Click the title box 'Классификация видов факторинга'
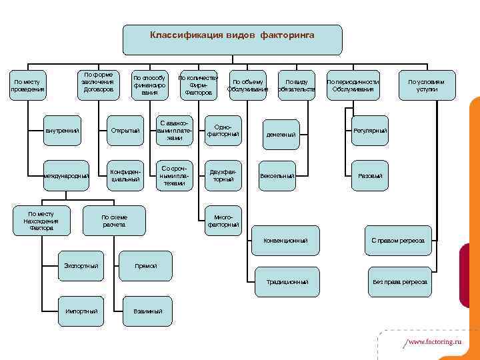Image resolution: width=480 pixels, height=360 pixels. [232, 39]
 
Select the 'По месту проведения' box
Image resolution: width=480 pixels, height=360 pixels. [27, 85]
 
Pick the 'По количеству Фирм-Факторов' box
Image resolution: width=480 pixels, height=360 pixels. [198, 85]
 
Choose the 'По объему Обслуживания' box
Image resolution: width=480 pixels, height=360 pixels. [247, 85]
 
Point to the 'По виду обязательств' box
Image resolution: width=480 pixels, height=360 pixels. [296, 85]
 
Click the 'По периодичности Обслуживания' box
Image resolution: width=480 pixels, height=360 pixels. [353, 85]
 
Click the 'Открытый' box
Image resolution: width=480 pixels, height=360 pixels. [125, 131]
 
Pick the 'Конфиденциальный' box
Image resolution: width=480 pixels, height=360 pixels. [125, 175]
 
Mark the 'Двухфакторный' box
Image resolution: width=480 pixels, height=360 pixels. [222, 175]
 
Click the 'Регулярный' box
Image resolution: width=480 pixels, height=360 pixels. [370, 131]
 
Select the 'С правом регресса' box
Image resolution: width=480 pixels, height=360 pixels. [398, 240]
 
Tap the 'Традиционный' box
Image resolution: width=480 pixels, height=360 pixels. [287, 282]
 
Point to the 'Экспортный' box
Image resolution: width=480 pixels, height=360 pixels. [81, 266]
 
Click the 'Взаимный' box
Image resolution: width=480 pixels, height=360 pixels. [147, 311]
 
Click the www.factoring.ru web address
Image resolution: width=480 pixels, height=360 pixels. [433, 341]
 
